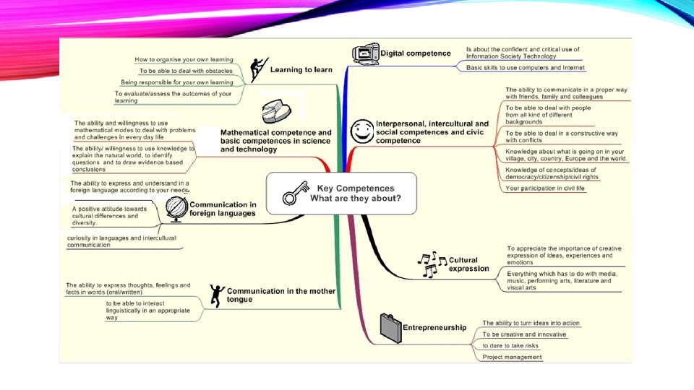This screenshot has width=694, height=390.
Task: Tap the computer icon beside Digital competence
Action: pyautogui.click(x=365, y=53)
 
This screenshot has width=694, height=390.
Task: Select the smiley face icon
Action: pyautogui.click(x=361, y=132)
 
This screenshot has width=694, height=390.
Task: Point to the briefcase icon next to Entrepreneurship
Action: pyautogui.click(x=390, y=329)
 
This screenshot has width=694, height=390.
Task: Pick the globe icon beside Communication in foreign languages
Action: pyautogui.click(x=176, y=209)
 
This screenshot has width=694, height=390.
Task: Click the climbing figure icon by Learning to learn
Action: pyautogui.click(x=258, y=70)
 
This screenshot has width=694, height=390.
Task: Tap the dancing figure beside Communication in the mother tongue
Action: pyautogui.click(x=216, y=295)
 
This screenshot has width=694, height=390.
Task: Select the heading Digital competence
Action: pyautogui.click(x=415, y=53)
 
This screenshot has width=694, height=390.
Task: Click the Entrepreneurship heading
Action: pyautogui.click(x=434, y=327)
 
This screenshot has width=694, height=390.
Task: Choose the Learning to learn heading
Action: pyautogui.click(x=301, y=70)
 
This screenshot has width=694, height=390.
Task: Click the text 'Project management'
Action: pyautogui.click(x=513, y=357)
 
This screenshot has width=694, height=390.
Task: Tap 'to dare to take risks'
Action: pyautogui.click(x=510, y=346)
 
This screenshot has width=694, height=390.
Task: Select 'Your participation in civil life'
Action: pyautogui.click(x=545, y=188)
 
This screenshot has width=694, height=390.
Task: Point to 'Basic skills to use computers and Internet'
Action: pyautogui.click(x=525, y=68)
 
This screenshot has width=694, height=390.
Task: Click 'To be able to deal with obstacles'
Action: pyautogui.click(x=186, y=71)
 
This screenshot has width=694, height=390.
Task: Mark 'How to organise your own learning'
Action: pyautogui.click(x=184, y=59)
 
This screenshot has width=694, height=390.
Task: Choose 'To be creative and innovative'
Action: pyautogui.click(x=524, y=334)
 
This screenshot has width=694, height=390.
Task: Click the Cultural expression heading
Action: pyautogui.click(x=468, y=264)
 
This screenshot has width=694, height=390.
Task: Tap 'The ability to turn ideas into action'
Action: pyautogui.click(x=531, y=323)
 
